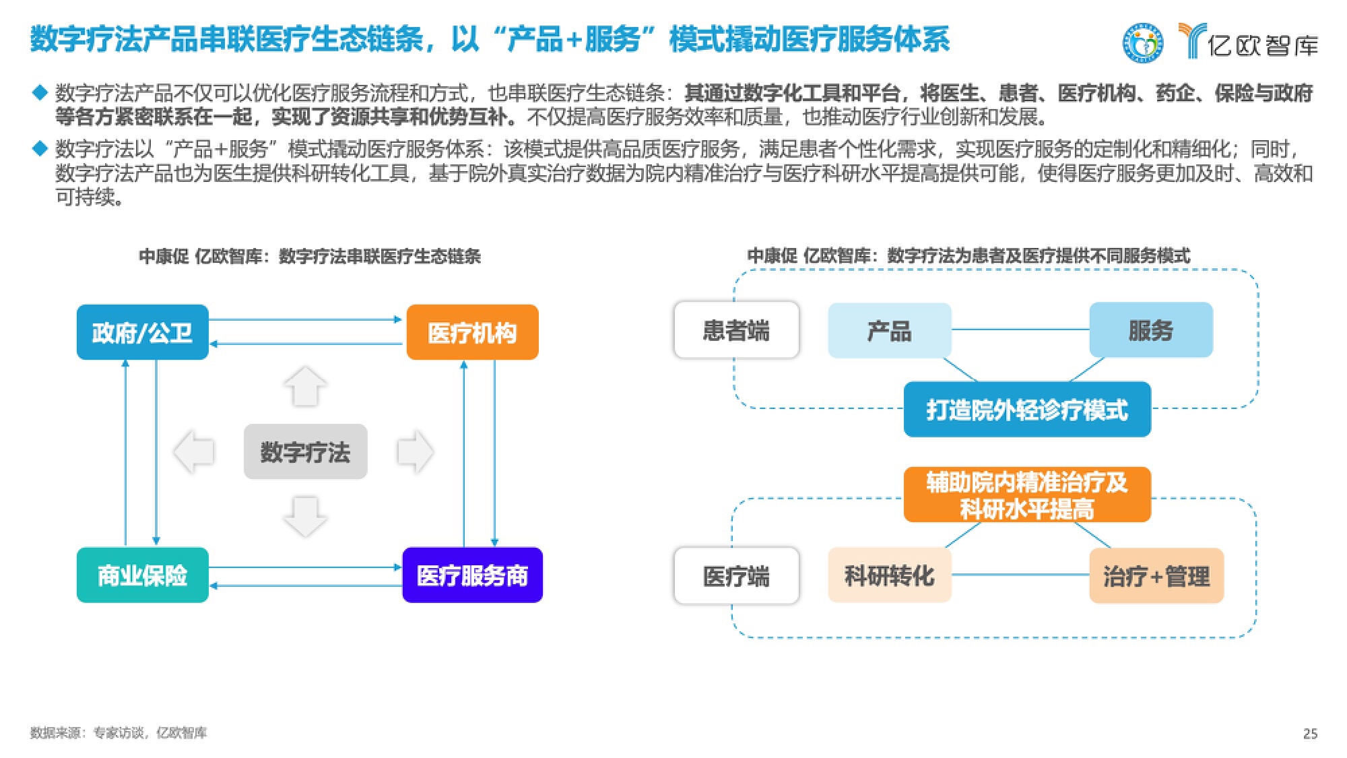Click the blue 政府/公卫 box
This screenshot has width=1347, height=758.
point(142,332)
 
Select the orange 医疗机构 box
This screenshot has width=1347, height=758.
point(472,332)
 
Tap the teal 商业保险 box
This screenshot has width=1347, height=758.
point(142,575)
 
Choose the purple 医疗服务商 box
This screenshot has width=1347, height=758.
point(472,575)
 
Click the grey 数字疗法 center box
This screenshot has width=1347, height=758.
point(305,451)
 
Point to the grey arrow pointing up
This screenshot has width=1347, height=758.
point(305,386)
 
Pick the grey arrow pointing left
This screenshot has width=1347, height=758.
point(194,451)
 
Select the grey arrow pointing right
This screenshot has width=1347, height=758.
point(415,451)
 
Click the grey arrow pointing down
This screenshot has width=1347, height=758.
point(305,516)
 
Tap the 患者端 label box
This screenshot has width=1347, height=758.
point(736,330)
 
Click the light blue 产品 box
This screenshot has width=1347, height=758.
point(889,330)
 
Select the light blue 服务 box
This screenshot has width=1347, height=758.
point(1150,330)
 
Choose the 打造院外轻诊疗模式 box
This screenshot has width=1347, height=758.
point(1027,410)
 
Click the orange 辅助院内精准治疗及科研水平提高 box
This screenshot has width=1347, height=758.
point(1027,495)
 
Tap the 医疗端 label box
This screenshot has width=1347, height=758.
point(736,576)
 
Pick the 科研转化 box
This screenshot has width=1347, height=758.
point(889,575)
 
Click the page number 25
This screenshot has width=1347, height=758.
point(1310,734)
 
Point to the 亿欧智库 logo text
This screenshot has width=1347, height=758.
point(1262,45)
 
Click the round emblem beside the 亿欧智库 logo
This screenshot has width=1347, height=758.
point(1142,43)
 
